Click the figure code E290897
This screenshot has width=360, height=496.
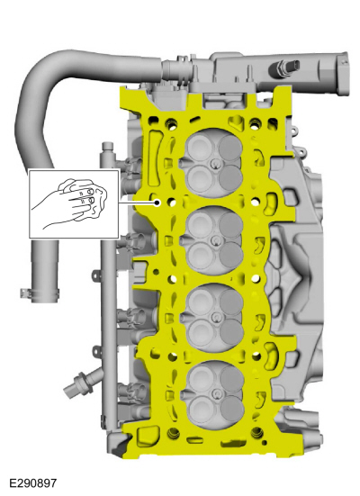[x=33, y=483]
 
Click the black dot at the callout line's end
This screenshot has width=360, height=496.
[x=157, y=203]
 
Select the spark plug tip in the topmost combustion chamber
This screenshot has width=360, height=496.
[x=215, y=164]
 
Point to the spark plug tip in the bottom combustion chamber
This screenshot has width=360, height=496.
[x=216, y=393]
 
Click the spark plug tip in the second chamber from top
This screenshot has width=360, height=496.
[x=215, y=240]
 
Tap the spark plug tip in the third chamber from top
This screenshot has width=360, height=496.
[x=216, y=317]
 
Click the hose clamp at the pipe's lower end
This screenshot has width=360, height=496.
[x=39, y=293]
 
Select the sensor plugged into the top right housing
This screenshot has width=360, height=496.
[x=283, y=68]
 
